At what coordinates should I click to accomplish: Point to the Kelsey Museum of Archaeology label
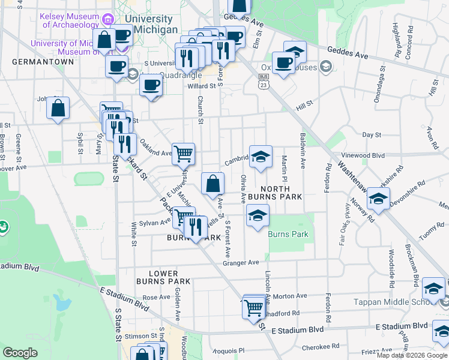click(x=70, y=20)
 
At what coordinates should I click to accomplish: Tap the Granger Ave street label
click(x=240, y=262)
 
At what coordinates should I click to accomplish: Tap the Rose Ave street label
click(x=157, y=297)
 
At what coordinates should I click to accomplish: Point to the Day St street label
click(x=372, y=135)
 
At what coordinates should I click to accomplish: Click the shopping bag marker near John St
click(x=58, y=109)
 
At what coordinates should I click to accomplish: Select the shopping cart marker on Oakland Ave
click(x=183, y=153)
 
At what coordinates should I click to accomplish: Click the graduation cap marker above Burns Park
click(x=257, y=216)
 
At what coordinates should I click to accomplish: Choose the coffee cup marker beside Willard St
click(x=151, y=85)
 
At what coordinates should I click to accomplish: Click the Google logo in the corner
click(x=20, y=353)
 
